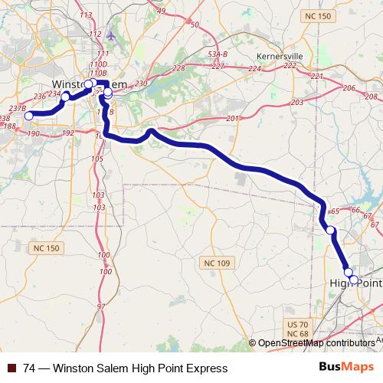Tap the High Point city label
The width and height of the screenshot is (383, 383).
[355, 283]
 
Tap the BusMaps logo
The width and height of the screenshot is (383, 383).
[351, 368]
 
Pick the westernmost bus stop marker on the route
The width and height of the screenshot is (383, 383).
[29, 116]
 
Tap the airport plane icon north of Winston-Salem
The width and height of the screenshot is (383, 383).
[112, 35]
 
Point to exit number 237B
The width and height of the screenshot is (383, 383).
[18, 110]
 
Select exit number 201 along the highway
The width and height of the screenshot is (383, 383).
[232, 119]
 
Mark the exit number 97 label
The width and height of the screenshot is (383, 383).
[100, 306]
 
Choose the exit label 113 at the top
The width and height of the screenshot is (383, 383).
[86, 15]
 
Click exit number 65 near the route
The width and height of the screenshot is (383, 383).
[333, 212]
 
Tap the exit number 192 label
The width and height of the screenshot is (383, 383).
[67, 133]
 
